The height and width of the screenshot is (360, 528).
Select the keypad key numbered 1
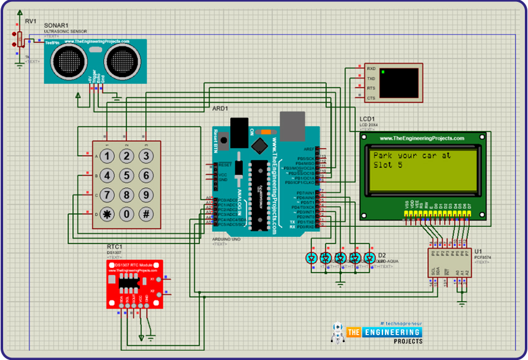pyautogui.click(x=108, y=156)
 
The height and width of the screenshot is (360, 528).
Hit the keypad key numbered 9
pyautogui.click(x=146, y=195)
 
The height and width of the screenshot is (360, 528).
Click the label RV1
pyautogui.click(x=30, y=21)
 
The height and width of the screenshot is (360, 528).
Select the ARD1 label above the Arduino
pyautogui.click(x=220, y=108)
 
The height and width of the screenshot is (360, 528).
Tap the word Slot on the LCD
pyautogui.click(x=385, y=165)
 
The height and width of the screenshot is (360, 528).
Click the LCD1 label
pyautogui.click(x=367, y=118)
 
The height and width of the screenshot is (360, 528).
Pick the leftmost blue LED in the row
pyautogui.click(x=312, y=257)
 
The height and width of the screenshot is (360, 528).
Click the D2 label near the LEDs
pyautogui.click(x=382, y=255)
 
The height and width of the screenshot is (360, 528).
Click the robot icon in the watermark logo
pyautogui.click(x=338, y=333)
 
